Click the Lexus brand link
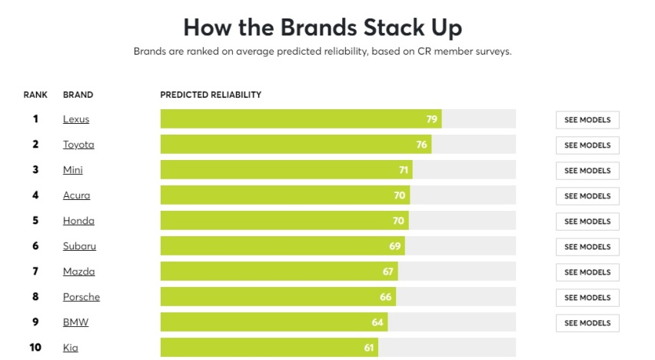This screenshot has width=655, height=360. pyautogui.click(x=76, y=119)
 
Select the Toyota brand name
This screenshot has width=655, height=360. pyautogui.click(x=78, y=145)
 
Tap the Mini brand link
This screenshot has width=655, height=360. pyautogui.click(x=72, y=170)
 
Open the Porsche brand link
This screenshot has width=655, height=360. pyautogui.click(x=81, y=297)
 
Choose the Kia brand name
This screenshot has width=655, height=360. pyautogui.click(x=70, y=348)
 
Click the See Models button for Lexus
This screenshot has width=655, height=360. pyautogui.click(x=587, y=120)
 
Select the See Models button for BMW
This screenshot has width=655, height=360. pyautogui.click(x=587, y=323)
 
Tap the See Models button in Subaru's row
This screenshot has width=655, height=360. pyautogui.click(x=587, y=247)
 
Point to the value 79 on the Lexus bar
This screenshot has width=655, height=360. pyautogui.click(x=432, y=119)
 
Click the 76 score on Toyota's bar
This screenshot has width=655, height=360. pyautogui.click(x=421, y=145)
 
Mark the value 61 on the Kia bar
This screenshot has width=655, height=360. pyautogui.click(x=369, y=348)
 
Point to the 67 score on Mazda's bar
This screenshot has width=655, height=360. pyautogui.click(x=388, y=272)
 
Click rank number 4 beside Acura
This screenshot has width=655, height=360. pyautogui.click(x=35, y=195)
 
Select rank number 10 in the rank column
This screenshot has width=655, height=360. pyautogui.click(x=35, y=348)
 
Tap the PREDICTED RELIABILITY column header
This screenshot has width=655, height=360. pyautogui.click(x=211, y=95)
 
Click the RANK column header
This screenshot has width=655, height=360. pyautogui.click(x=35, y=95)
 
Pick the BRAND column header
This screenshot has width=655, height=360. pyautogui.click(x=78, y=95)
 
